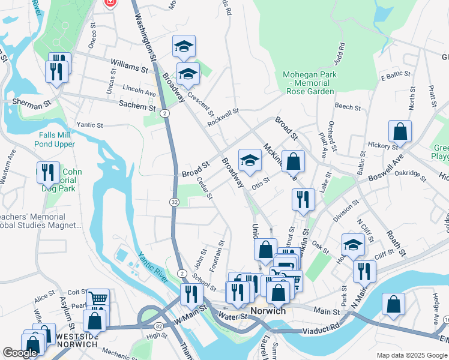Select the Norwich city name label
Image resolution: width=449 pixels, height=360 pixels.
(x=267, y=311)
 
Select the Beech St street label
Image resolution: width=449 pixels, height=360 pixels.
(x=348, y=108)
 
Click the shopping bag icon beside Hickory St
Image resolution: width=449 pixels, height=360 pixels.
(x=400, y=131)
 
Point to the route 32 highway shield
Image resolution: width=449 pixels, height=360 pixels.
(x=174, y=202)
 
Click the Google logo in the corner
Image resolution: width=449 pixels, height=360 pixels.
(x=20, y=353)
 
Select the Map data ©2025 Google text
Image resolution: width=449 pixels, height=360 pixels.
(x=411, y=355)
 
